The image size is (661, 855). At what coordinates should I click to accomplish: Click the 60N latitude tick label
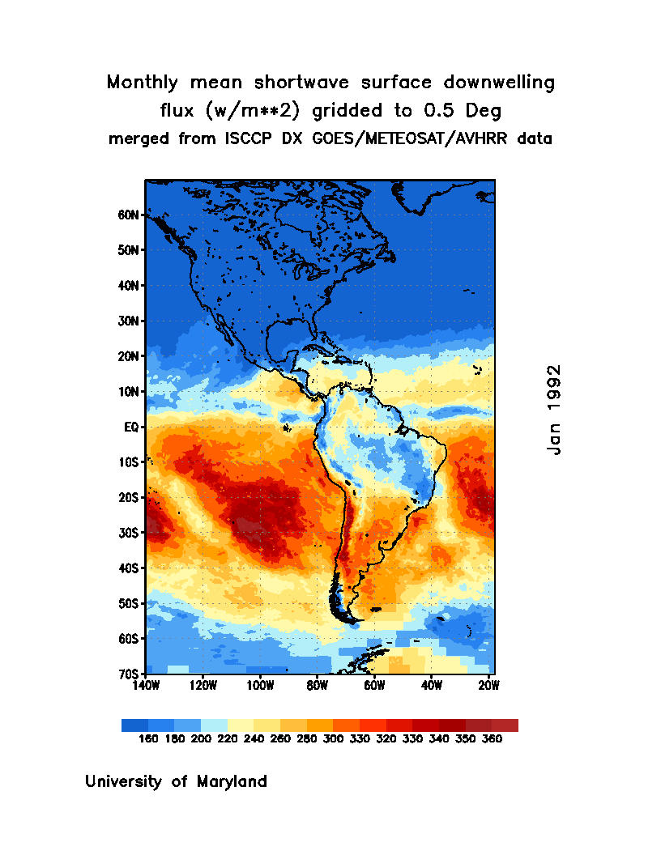130,215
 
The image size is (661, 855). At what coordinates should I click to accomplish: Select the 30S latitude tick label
130,533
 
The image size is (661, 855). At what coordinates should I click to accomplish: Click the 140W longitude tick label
146,686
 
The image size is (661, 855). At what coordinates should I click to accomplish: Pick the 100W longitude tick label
260,686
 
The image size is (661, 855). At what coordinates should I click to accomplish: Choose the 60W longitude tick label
374,686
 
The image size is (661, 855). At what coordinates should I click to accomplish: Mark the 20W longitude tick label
488,686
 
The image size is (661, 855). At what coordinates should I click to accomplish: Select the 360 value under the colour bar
492,739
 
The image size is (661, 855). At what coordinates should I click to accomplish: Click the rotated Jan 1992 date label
554,409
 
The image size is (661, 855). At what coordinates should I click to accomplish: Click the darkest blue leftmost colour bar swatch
134,725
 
